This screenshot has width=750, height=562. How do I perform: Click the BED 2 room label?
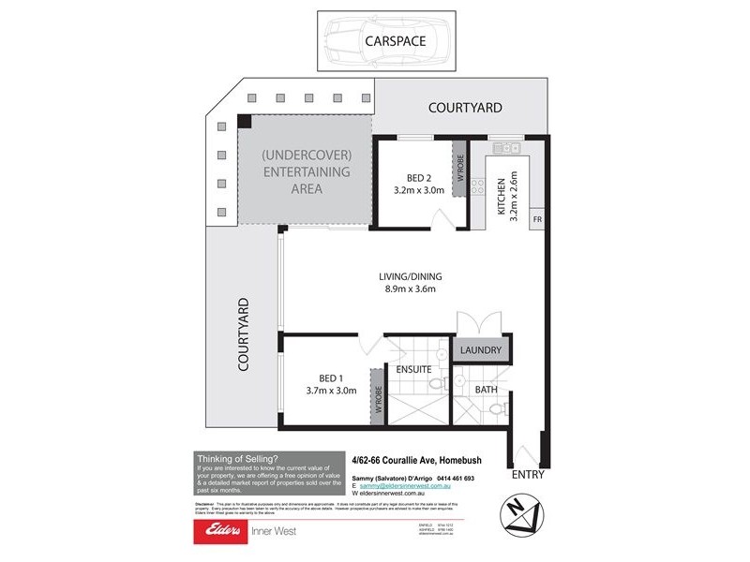click(x=418, y=178)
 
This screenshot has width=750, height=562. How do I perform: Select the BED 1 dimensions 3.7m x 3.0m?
click(x=331, y=391)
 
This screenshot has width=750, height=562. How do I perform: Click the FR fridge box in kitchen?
click(x=538, y=219)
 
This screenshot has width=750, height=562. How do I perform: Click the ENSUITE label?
click(x=412, y=369)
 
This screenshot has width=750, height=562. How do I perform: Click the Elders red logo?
click(x=219, y=531)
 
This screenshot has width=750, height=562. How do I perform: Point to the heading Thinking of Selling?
click(x=238, y=459)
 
